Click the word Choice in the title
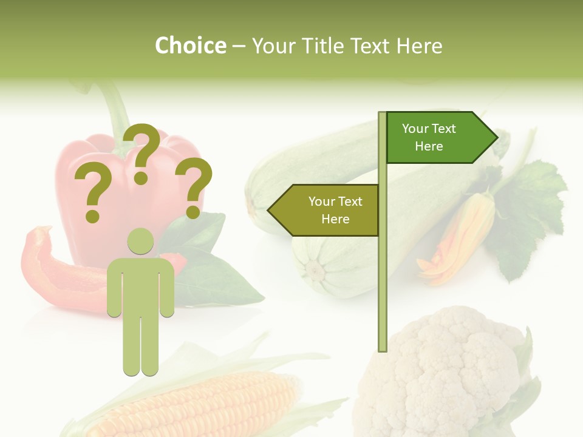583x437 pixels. [x=190, y=46]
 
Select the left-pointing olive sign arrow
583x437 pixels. [x=325, y=210]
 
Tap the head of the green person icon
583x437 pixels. [x=140, y=242]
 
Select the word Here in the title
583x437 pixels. [x=419, y=46]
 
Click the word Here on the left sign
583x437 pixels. [x=335, y=219]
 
